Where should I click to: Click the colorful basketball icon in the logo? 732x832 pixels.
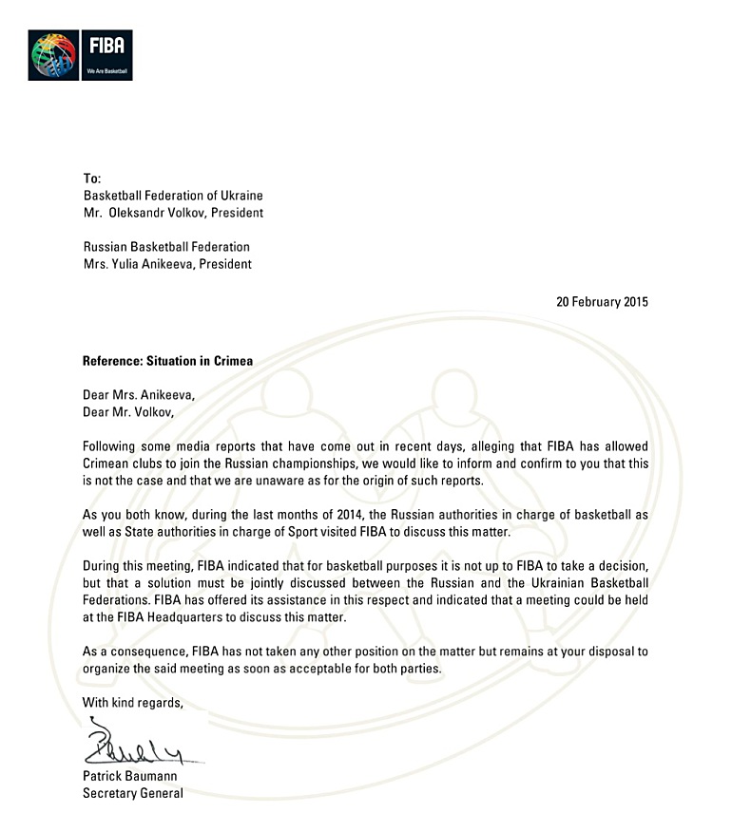coord(53,55)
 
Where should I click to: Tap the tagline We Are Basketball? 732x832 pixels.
coord(106,71)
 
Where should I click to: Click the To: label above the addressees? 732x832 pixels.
coord(91,179)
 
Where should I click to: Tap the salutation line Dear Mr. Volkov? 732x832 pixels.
coord(129,412)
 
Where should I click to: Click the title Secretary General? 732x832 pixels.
coord(133,793)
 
